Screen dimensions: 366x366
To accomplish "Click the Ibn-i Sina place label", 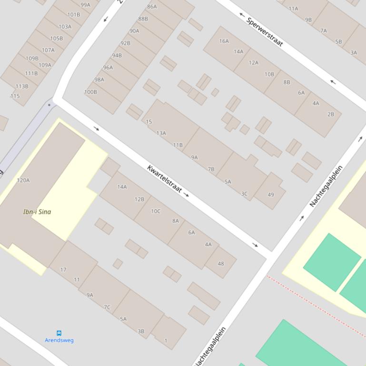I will click(x=37, y=212).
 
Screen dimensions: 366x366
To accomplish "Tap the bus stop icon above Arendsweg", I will click(x=59, y=333).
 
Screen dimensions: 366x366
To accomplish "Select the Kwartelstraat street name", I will click(x=165, y=179).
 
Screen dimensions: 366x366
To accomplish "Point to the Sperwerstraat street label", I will click(x=266, y=33).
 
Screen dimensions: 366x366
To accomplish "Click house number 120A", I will click(x=23, y=180).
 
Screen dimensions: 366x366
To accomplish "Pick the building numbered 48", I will click(x=221, y=263).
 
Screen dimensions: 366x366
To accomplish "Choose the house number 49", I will click(x=271, y=194).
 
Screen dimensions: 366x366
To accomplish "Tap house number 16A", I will click(x=224, y=41).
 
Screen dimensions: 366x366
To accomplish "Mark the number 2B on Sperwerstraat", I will click(x=331, y=114).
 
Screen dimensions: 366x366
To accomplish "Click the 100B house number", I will click(x=90, y=92).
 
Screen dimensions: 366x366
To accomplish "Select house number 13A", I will click(x=161, y=133).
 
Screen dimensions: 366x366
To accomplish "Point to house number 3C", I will click(x=244, y=194).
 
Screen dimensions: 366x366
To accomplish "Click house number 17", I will click(x=63, y=270).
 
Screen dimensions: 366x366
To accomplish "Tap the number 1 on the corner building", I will click(x=166, y=340).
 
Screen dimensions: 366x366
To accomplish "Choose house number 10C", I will click(x=156, y=211).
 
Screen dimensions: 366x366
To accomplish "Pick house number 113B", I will click(x=22, y=87).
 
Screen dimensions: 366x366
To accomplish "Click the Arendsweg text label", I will click(x=59, y=340).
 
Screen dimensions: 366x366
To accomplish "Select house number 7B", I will click(x=211, y=169).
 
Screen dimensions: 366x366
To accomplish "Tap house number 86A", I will click(x=152, y=7).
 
